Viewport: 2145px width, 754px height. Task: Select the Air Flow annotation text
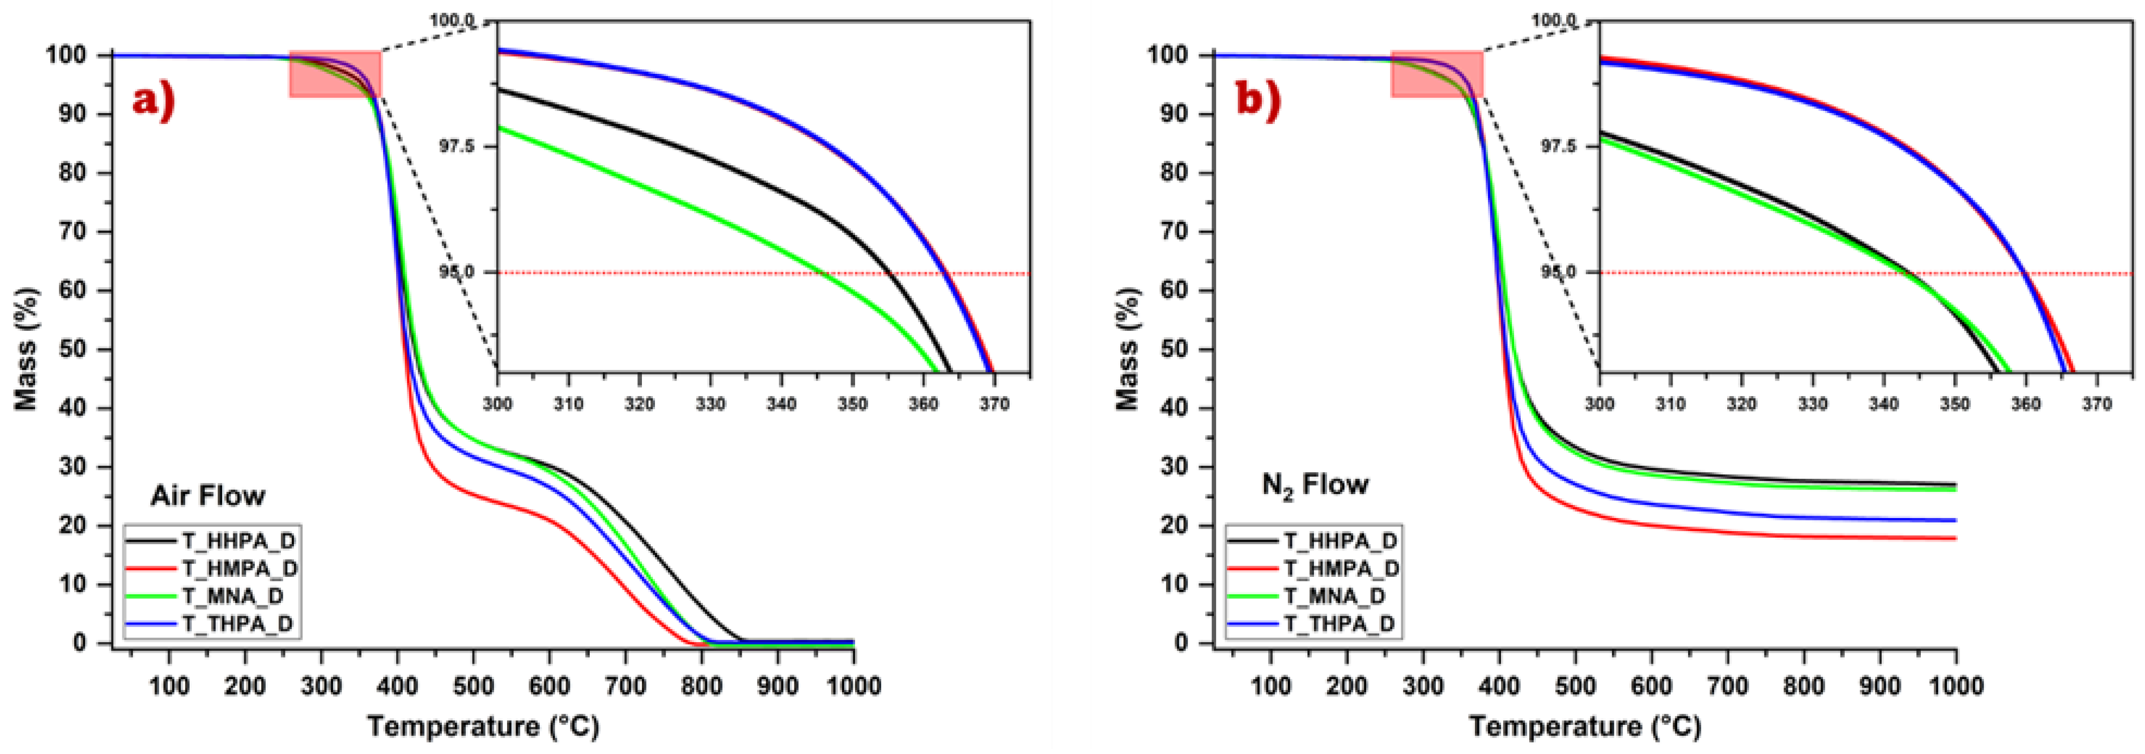click(x=207, y=496)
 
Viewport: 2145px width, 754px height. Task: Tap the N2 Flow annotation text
click(x=1315, y=485)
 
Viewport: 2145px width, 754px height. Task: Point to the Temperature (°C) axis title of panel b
click(x=1585, y=726)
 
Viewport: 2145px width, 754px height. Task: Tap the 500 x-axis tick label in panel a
click(x=473, y=687)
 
